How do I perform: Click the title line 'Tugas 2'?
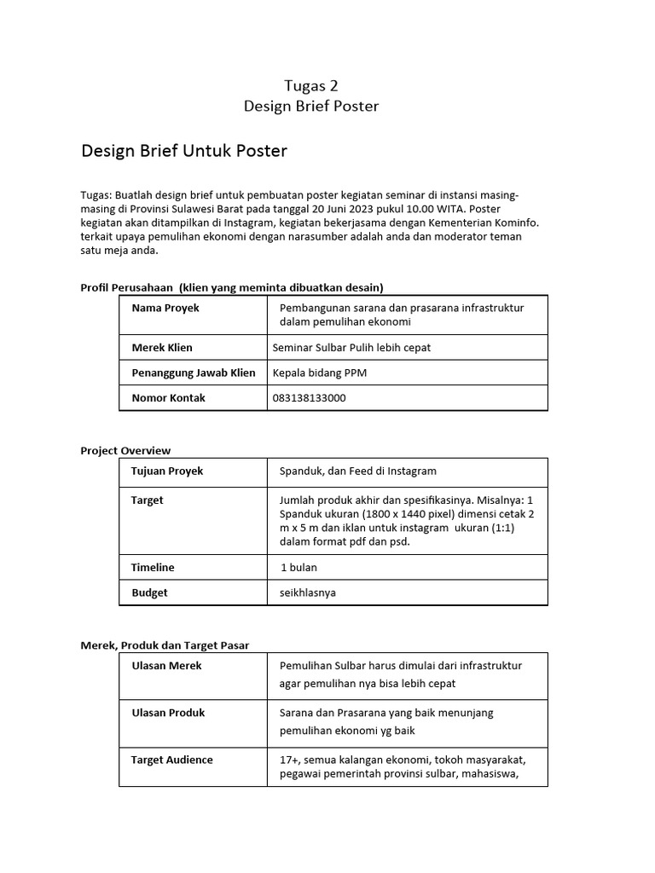[310, 84]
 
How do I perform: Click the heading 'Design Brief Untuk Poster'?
[184, 151]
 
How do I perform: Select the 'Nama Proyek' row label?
[165, 308]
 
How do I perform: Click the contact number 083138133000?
[309, 398]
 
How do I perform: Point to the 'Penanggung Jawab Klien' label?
[194, 373]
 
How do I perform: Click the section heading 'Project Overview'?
[125, 450]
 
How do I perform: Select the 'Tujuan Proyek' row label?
[167, 471]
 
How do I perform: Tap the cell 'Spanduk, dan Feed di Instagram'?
[358, 471]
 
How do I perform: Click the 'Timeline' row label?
[153, 567]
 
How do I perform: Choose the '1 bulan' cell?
[299, 567]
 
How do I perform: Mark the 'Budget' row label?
[149, 593]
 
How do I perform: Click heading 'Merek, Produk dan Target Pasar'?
[165, 645]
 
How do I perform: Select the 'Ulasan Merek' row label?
[166, 666]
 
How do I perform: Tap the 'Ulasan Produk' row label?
[168, 713]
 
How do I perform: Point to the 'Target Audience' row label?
[172, 760]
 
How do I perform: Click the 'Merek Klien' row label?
[162, 348]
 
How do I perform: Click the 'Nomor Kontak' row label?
[168, 398]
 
